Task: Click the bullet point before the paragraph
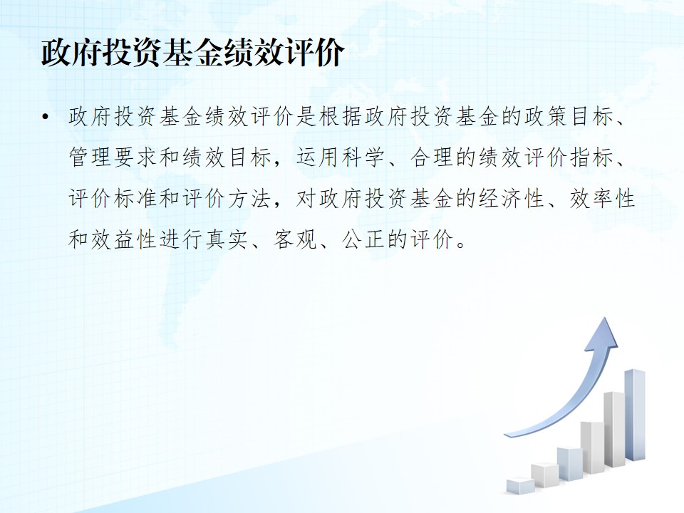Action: click(46, 116)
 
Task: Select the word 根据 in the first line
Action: click(341, 116)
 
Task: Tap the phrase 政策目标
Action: click(569, 116)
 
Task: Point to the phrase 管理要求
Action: click(113, 157)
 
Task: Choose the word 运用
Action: click(318, 157)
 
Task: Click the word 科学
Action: click(364, 157)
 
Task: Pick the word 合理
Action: click(432, 157)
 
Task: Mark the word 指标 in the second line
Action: click(591, 157)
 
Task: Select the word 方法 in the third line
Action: click(250, 199)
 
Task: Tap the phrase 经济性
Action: click(512, 199)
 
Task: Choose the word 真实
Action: click(227, 239)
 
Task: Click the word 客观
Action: click(295, 239)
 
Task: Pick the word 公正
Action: click(364, 239)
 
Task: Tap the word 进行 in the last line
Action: click(182, 239)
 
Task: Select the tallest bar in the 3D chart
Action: click(635, 415)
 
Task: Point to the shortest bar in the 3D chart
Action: click(520, 486)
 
